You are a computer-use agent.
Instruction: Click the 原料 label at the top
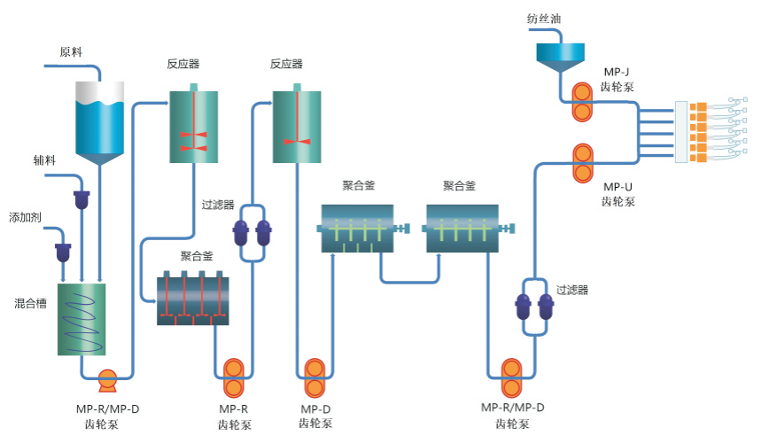[x=71, y=51]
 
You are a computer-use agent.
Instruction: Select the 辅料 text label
[x=45, y=160]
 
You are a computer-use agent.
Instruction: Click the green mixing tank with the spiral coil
[x=82, y=319]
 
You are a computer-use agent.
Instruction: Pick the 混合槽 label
[x=30, y=303]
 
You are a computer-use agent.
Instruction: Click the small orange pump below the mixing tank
[x=107, y=380]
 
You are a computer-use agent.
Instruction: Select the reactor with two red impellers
[x=193, y=126]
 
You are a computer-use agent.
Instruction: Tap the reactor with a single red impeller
[x=296, y=126]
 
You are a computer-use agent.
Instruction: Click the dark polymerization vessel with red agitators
[x=193, y=300]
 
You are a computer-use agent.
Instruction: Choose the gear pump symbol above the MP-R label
[x=235, y=378]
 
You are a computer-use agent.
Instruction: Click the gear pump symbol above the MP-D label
[x=315, y=378]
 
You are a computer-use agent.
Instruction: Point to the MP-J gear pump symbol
[x=583, y=102]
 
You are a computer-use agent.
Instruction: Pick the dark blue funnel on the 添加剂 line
[x=64, y=252]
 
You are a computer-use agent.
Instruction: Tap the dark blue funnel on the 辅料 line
[x=82, y=199]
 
